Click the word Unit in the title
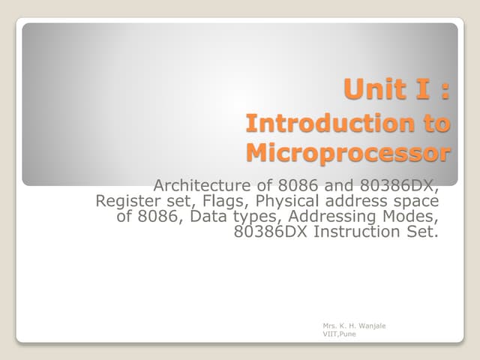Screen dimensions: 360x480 tap(371, 91)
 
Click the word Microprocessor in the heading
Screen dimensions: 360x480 tap(349, 153)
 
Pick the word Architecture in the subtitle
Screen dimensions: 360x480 tap(198, 184)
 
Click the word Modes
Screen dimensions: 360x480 tap(411, 216)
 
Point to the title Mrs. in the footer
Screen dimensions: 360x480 tap(329, 326)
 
